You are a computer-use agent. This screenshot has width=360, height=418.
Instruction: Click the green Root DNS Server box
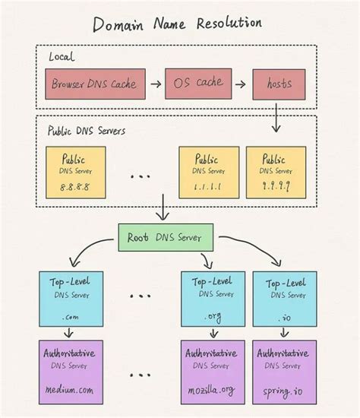pos(165,237)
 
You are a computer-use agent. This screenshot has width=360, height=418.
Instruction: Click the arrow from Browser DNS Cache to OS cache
pos(154,84)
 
